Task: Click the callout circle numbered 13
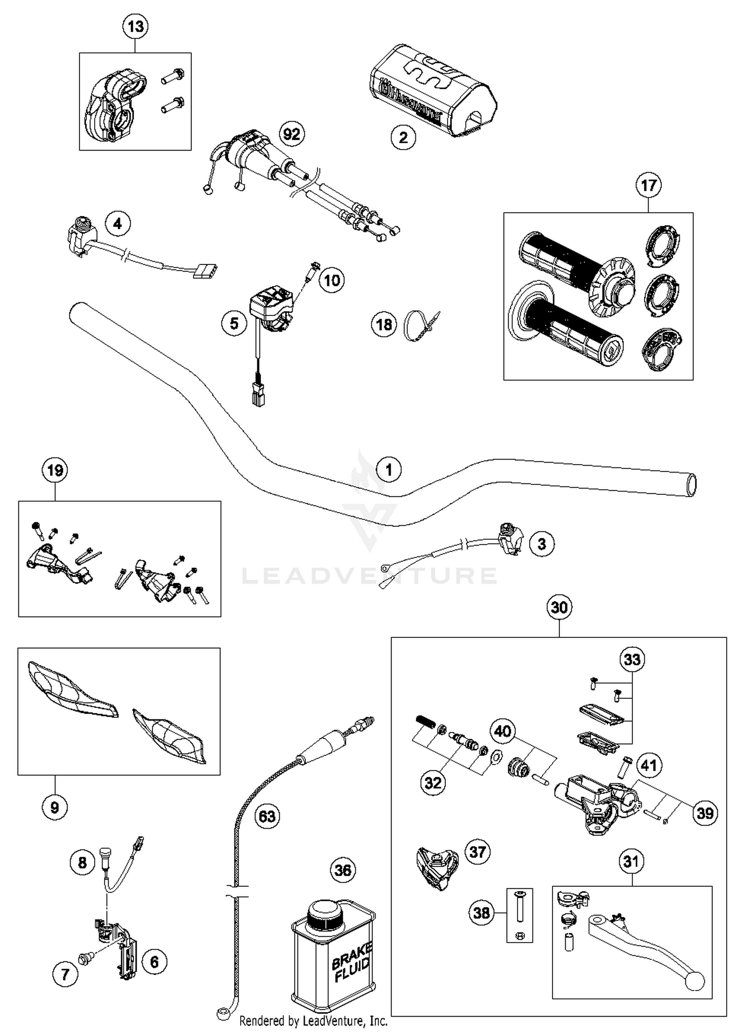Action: point(136,26)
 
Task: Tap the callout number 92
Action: point(292,134)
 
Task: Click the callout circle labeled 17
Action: point(648,185)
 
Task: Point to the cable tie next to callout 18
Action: point(420,325)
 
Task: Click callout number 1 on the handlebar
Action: point(389,470)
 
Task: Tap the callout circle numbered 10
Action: point(332,280)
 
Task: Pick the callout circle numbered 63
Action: point(267,816)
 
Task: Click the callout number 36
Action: point(343,870)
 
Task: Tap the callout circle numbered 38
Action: point(481,913)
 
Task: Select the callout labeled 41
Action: point(648,765)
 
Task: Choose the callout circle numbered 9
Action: point(54,807)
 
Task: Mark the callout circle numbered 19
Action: point(55,470)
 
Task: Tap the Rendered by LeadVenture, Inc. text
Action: point(313,1020)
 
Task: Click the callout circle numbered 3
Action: point(542,544)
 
